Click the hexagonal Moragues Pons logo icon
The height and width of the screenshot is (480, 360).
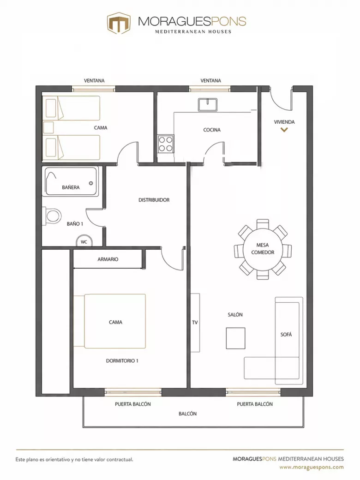click(x=119, y=23)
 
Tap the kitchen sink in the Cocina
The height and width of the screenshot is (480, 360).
click(x=208, y=105)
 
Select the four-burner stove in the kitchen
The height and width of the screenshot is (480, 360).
click(x=166, y=144)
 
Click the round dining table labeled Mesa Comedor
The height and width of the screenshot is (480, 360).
click(x=262, y=249)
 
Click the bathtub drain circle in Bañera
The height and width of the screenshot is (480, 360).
click(x=91, y=183)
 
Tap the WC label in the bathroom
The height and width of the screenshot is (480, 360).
click(x=84, y=242)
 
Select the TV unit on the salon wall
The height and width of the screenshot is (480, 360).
click(x=195, y=323)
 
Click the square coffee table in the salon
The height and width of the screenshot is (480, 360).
click(x=235, y=338)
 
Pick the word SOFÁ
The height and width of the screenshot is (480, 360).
click(x=286, y=335)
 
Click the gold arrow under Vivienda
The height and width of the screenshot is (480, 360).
click(x=284, y=130)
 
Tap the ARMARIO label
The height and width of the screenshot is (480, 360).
click(x=108, y=259)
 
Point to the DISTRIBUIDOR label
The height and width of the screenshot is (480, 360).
click(x=154, y=200)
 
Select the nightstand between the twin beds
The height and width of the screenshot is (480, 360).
click(x=48, y=128)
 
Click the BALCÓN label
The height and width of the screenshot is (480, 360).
click(x=188, y=414)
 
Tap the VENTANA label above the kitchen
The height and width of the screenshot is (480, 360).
click(x=210, y=80)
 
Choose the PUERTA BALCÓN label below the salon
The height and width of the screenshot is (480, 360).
click(x=255, y=404)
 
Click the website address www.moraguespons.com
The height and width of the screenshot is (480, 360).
click(x=312, y=467)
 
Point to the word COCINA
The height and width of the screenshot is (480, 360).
click(x=212, y=130)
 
